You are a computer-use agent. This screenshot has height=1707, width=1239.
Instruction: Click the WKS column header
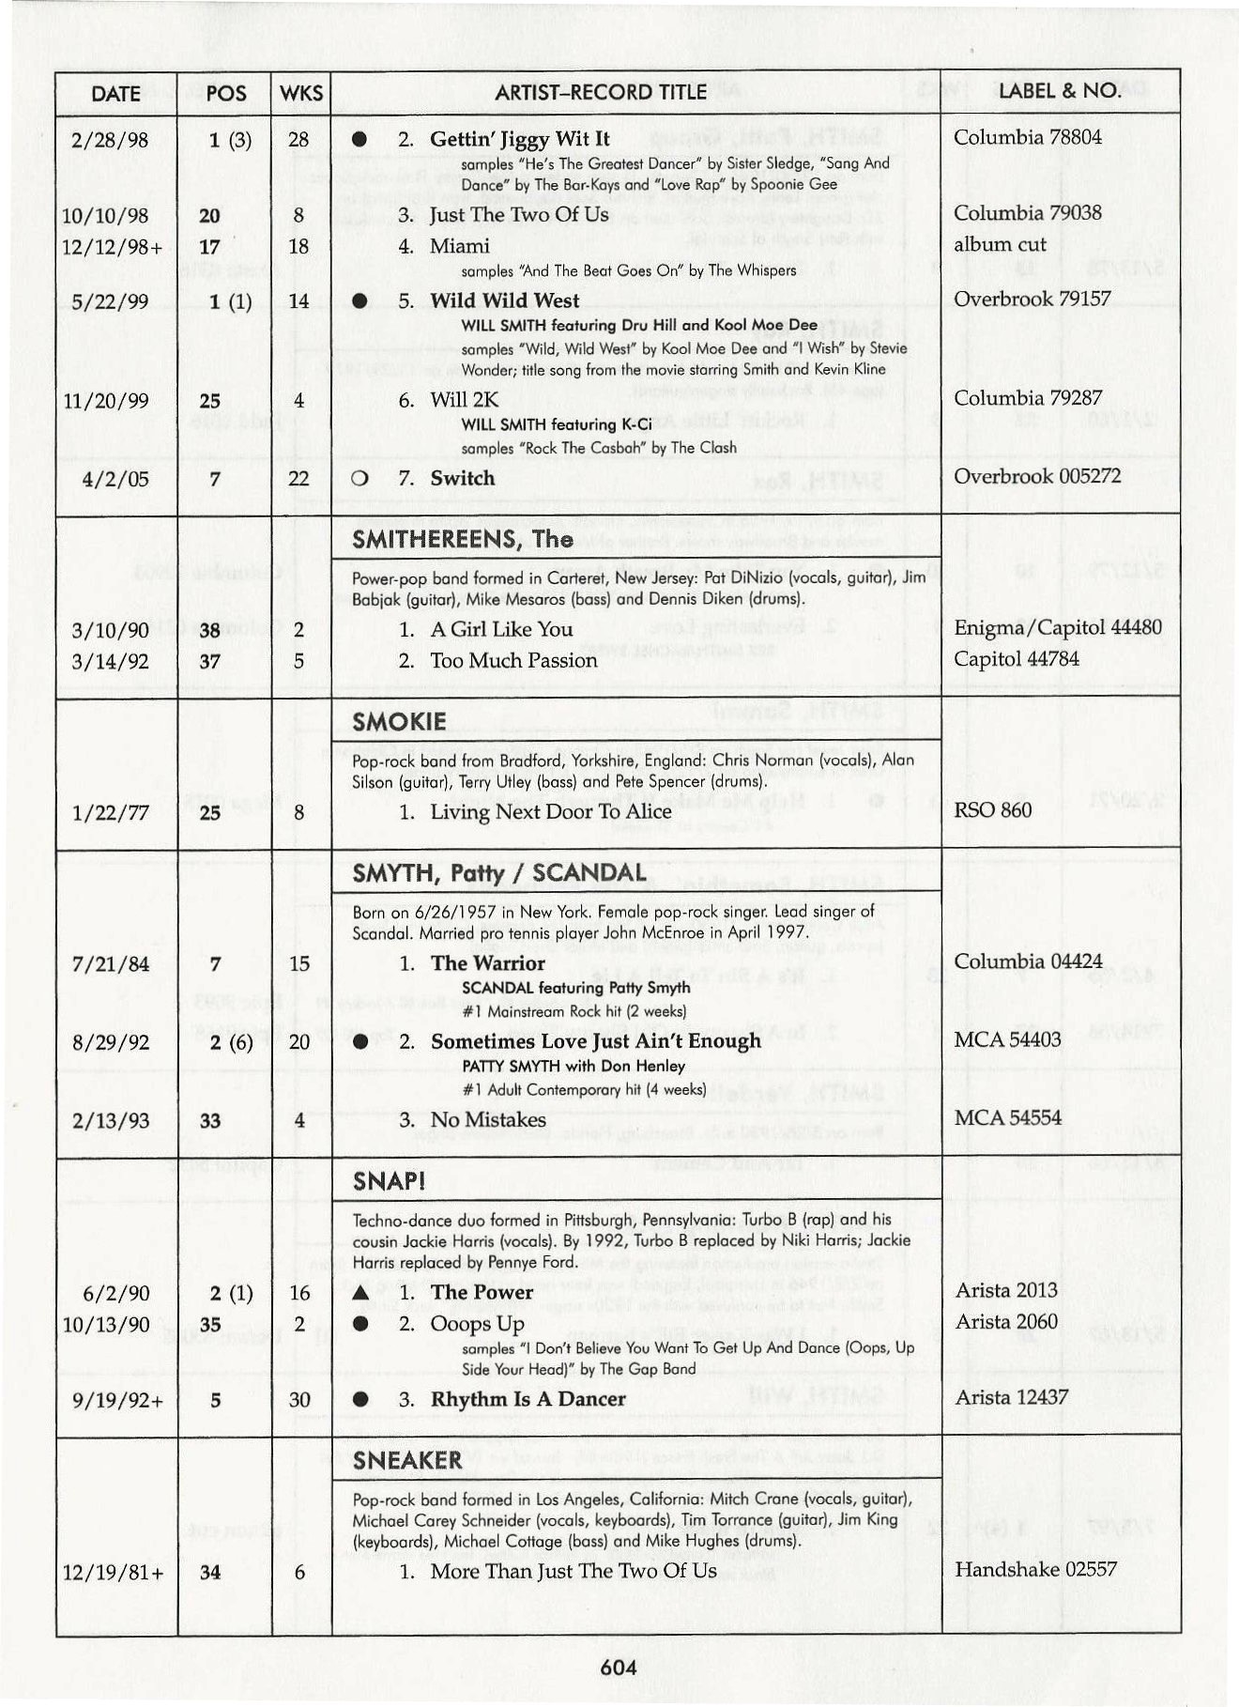300,93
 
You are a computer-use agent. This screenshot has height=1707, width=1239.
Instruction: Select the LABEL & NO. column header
1060,91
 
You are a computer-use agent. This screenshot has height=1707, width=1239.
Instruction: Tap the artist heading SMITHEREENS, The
463,539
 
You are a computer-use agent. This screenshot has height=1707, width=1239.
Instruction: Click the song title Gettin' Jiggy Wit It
519,139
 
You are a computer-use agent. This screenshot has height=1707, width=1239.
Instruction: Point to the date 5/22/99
111,301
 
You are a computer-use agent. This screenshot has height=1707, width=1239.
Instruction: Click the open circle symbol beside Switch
358,479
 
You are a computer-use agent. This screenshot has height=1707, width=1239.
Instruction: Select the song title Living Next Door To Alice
551,811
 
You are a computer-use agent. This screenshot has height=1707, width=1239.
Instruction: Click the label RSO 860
993,810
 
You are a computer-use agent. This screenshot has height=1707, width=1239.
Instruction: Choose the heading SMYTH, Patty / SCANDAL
499,873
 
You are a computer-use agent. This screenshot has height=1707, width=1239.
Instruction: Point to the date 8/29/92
111,1042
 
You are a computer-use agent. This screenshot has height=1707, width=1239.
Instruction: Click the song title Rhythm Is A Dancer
528,1399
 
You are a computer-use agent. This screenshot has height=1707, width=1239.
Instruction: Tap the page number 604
619,1668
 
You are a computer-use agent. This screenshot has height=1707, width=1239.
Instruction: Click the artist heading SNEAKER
408,1460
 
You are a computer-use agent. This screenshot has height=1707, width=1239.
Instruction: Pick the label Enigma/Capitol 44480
1058,627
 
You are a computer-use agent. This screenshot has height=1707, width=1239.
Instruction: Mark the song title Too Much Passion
513,660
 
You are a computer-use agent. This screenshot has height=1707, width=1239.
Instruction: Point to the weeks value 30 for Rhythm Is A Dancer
299,1400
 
